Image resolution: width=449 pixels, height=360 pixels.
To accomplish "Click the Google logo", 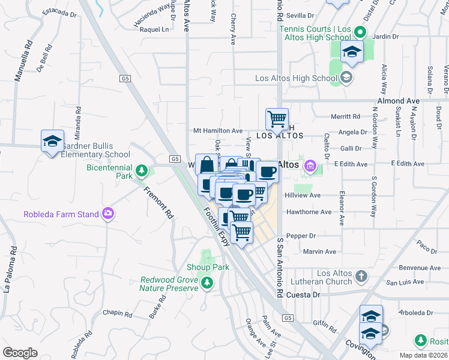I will point(20,353).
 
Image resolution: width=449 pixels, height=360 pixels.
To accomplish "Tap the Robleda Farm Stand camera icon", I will point(108,213).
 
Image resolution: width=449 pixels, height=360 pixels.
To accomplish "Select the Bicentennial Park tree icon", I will point(142,172).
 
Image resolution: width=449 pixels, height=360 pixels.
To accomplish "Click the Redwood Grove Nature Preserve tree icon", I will point(208,282).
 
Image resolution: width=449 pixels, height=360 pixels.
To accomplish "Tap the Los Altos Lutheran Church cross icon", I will point(360,277).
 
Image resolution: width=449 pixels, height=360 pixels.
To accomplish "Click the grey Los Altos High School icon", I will point(346,77).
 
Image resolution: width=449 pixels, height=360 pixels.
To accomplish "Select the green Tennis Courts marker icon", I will point(360,32).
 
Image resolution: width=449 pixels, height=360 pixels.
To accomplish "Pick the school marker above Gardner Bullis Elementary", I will point(52,141).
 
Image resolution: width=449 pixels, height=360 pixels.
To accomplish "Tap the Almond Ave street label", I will point(398,101).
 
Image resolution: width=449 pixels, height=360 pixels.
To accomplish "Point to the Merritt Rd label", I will point(345,116).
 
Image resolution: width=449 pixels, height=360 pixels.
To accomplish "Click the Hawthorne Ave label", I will point(309,212).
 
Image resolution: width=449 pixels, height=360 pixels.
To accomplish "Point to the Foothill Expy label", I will point(217,226).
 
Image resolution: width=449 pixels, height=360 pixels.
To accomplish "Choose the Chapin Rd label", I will point(117,313).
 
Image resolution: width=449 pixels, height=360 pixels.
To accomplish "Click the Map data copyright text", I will point(424,355).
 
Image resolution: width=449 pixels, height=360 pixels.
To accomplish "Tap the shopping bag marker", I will point(206,164).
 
